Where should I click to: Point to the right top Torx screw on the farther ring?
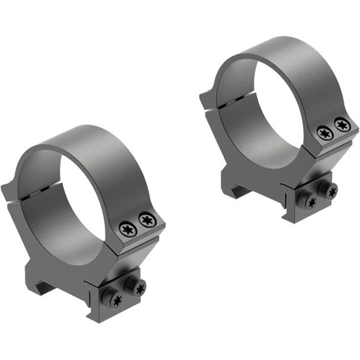pos(342,125)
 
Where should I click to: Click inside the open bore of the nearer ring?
pos(89,195)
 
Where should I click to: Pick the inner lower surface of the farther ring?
pos(249,136)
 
